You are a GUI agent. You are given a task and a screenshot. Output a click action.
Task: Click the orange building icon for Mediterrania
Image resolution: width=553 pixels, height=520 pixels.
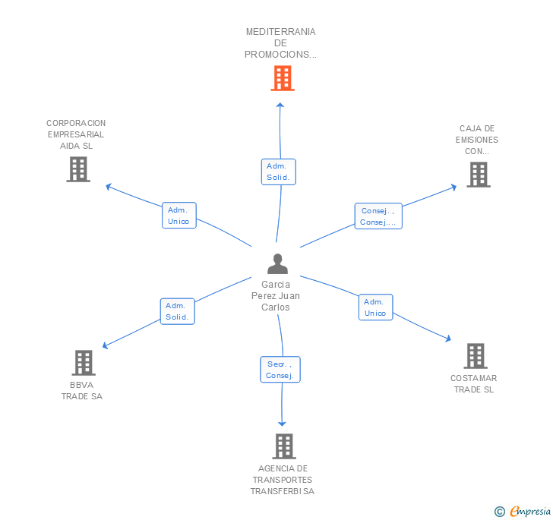tap(283, 78)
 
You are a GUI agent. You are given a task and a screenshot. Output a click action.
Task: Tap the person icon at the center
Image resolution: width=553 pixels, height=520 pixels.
tap(277, 263)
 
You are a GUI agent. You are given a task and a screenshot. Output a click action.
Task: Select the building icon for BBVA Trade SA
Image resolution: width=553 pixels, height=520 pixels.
tap(84, 362)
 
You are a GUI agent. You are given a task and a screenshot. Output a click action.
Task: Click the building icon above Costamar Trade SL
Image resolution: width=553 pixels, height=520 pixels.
tap(476, 356)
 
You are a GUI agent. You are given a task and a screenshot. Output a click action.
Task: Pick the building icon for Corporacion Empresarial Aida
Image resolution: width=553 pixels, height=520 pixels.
tap(78, 169)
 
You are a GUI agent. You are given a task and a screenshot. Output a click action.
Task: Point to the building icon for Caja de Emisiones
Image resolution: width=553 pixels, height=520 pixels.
tap(479, 175)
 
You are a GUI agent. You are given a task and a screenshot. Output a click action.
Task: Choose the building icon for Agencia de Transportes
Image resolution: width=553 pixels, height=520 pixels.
tap(284, 446)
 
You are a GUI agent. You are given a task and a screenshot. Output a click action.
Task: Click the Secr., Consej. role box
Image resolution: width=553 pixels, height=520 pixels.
tap(280, 370)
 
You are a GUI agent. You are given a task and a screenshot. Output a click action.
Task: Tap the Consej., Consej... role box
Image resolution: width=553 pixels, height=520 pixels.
tap(378, 216)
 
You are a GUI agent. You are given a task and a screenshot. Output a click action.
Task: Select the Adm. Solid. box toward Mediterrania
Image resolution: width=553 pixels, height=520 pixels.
tap(279, 172)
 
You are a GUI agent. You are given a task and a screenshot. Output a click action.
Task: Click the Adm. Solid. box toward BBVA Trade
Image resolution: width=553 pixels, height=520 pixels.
tap(178, 311)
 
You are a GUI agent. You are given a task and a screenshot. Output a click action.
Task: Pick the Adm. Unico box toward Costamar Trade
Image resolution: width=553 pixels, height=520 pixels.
tap(375, 307)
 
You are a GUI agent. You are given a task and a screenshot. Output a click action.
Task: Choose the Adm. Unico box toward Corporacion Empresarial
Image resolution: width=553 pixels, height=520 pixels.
tap(179, 216)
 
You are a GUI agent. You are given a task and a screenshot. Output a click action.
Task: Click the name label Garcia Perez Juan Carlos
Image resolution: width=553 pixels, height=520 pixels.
tap(276, 296)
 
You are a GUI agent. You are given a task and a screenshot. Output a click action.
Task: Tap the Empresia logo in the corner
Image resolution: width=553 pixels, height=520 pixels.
tap(530, 511)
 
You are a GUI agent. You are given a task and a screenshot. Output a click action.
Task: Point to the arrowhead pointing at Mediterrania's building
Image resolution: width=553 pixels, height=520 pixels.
tap(280, 105)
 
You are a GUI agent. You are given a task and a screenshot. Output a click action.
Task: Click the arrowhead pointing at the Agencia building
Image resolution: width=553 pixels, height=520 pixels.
tap(282, 424)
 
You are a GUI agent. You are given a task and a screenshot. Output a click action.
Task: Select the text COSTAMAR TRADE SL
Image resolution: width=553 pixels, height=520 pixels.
tap(474, 384)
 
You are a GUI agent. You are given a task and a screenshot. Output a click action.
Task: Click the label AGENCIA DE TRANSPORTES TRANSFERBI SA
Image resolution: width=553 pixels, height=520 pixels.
tap(283, 480)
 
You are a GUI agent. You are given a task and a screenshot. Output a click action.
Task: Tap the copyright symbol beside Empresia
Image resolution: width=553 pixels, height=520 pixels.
tap(500, 511)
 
